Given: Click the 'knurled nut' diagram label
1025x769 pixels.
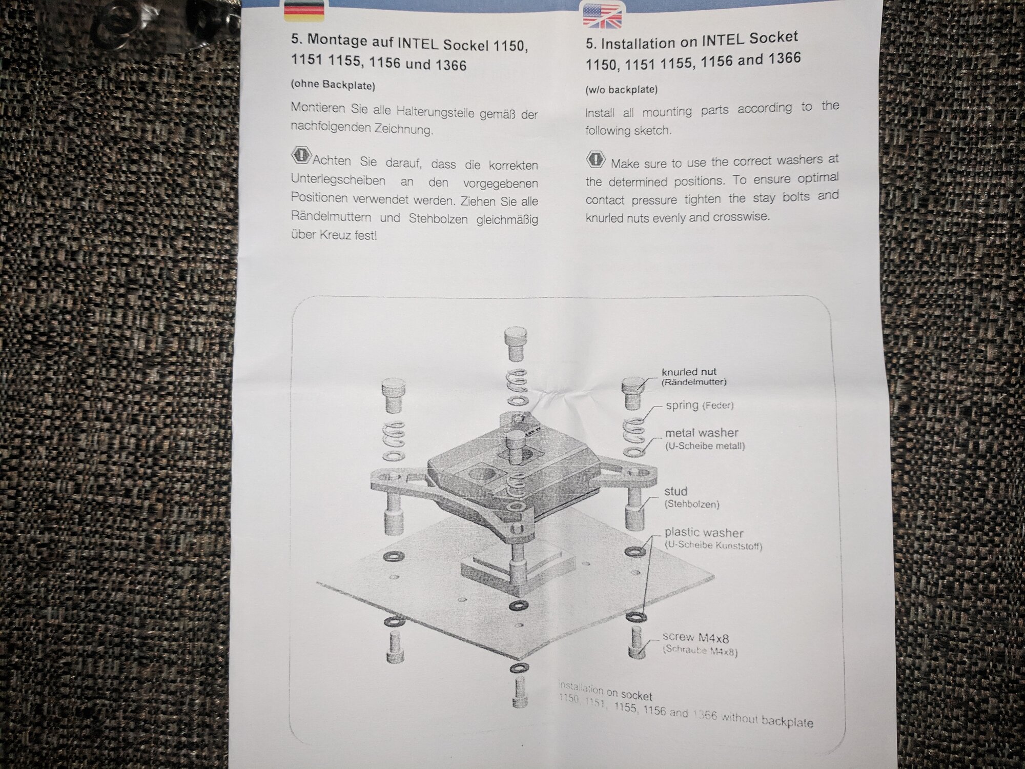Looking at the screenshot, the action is pos(689,372).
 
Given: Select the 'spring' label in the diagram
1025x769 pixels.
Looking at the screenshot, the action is pos(682,405).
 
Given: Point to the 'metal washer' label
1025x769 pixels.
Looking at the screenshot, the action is pos(702,433).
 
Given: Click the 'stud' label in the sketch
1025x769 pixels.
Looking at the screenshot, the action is pos(675,491).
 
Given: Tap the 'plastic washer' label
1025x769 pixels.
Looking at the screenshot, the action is pos(704,533).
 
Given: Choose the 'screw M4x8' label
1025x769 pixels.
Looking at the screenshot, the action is pos(695,637).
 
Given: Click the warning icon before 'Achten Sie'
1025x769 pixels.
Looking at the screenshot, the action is pos(301,155).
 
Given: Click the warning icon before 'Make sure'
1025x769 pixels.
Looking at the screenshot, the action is pos(595,159).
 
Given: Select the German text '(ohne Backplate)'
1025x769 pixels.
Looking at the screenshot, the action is pos(333,85).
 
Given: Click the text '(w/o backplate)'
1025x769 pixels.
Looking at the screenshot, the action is pos(621,90).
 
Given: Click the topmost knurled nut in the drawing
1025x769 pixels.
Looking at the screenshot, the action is pos(516,345).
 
